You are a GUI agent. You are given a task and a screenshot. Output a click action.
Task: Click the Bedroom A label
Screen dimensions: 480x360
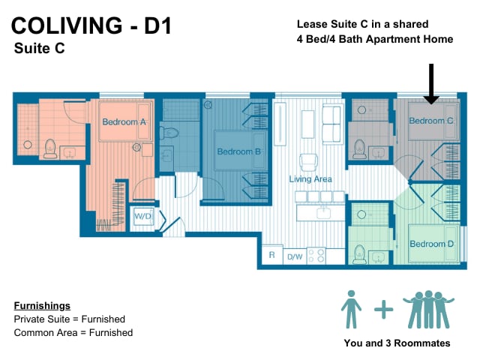pyautogui.click(x=124, y=121)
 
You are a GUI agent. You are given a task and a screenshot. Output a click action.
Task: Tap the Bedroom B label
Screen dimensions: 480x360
pyautogui.click(x=238, y=151)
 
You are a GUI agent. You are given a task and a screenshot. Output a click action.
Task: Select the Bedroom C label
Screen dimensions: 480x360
pyautogui.click(x=431, y=121)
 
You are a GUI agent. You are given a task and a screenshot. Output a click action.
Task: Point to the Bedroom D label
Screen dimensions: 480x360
pyautogui.click(x=432, y=244)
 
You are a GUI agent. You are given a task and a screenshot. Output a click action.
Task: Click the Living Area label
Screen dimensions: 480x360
pyautogui.click(x=310, y=178)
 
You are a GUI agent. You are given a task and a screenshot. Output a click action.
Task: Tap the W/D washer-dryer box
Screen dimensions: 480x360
pyautogui.click(x=142, y=217)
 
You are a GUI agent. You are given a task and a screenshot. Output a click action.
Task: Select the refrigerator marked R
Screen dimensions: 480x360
pyautogui.click(x=272, y=255)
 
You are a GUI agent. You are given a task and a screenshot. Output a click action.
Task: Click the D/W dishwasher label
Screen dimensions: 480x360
pyautogui.click(x=295, y=256)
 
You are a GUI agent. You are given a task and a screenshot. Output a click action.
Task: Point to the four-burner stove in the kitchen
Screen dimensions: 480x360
pyautogui.click(x=316, y=256)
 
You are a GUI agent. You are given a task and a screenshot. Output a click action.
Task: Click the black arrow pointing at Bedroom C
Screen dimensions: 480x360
pyautogui.click(x=431, y=83)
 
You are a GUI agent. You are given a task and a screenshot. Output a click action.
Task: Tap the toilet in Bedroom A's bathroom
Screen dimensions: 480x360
pyautogui.click(x=50, y=148)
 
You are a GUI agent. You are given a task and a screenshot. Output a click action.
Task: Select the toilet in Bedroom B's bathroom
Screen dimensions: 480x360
pyautogui.click(x=169, y=133)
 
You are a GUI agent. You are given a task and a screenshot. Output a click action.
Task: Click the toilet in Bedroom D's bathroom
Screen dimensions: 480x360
pyautogui.click(x=359, y=254)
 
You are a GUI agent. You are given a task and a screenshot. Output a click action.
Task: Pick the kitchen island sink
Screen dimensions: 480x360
pyautogui.click(x=323, y=213)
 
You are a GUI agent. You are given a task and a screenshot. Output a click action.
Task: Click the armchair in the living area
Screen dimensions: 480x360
pyautogui.click(x=309, y=162)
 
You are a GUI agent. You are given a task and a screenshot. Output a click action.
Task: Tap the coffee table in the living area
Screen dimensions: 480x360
pyautogui.click(x=308, y=124)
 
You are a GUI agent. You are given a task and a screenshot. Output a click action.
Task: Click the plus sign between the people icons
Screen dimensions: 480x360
pyautogui.click(x=383, y=309)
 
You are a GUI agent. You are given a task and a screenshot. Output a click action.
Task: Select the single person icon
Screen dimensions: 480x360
pyautogui.click(x=352, y=309)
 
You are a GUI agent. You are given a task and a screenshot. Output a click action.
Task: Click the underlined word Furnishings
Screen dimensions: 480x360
pyautogui.click(x=42, y=305)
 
